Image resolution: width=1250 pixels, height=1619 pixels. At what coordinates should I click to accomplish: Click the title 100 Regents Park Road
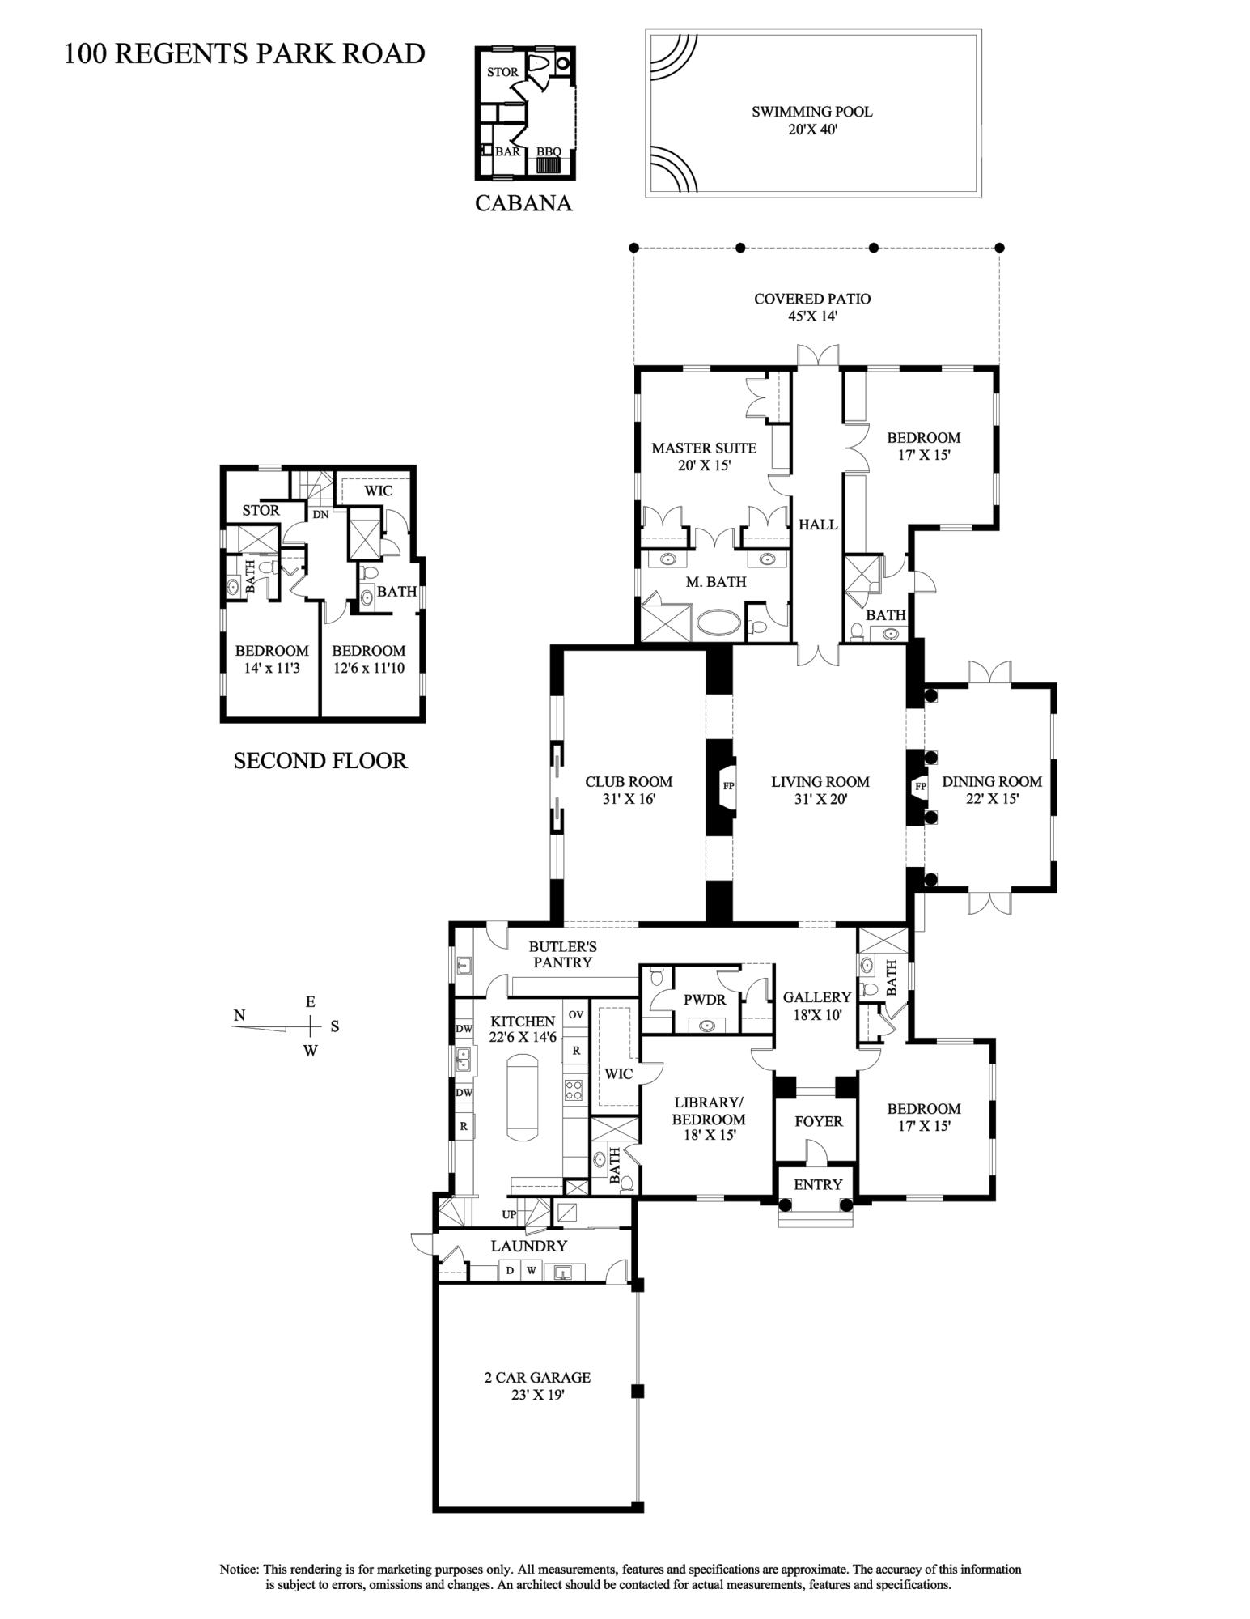point(244,53)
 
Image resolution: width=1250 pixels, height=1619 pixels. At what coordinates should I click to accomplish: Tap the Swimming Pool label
point(811,119)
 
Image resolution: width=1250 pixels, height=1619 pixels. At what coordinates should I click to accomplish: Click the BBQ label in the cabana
point(549,151)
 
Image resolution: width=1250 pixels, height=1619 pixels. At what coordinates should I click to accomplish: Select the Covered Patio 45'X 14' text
point(811,307)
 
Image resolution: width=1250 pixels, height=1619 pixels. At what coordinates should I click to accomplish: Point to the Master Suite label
point(704,456)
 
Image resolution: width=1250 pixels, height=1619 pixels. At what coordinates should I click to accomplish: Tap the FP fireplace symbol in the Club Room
point(728,785)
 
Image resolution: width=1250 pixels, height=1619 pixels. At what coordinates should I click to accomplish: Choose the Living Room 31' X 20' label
point(820,789)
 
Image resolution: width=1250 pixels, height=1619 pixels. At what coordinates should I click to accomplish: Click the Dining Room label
point(991,789)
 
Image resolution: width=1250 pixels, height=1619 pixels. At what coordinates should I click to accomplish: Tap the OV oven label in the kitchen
point(575,1014)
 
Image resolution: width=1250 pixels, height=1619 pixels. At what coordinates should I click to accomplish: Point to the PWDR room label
point(705,1000)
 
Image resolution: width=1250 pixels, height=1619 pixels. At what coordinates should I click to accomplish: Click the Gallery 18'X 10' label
point(816,1005)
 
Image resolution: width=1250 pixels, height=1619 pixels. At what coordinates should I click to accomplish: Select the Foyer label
point(818,1121)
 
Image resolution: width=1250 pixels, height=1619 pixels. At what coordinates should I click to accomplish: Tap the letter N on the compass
point(239,1015)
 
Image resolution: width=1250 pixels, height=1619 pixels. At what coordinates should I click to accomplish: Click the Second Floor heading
point(320,760)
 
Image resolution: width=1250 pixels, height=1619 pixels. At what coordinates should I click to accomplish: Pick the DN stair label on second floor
point(320,514)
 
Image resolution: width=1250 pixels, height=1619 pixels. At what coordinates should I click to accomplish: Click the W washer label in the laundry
point(532,1270)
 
